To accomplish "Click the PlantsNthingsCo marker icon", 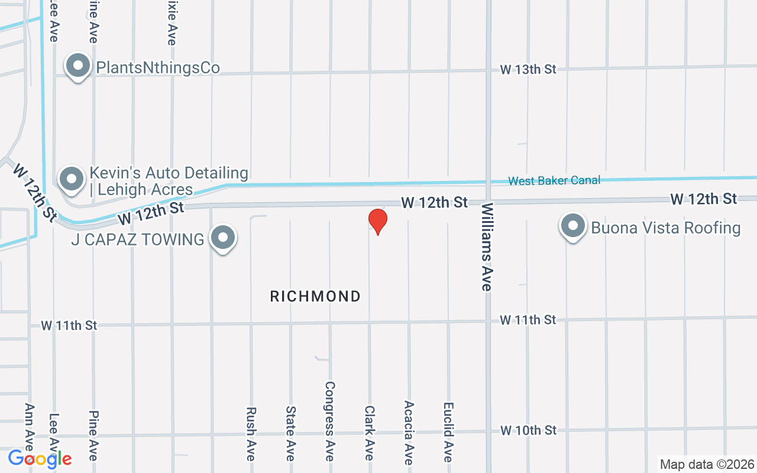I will [x=77, y=67].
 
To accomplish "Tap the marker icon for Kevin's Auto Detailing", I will [x=72, y=178].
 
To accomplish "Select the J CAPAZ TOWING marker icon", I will [x=223, y=238].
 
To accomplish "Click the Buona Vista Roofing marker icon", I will [x=572, y=226].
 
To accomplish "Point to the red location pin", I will [x=377, y=222].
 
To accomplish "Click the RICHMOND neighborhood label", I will [x=315, y=296].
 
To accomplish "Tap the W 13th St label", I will [x=528, y=69].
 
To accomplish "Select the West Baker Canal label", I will [x=554, y=180].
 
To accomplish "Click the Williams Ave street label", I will [x=487, y=247].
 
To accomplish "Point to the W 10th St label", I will [x=528, y=430].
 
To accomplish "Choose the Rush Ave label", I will [x=251, y=433].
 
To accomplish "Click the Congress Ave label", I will [x=330, y=420].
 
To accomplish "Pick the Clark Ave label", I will [x=370, y=432].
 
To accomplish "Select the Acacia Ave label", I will [x=409, y=432].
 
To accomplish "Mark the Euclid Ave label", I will [x=448, y=432].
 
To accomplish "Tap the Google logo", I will [x=40, y=458].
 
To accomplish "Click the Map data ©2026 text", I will [x=707, y=464].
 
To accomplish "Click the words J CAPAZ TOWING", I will [x=137, y=239].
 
